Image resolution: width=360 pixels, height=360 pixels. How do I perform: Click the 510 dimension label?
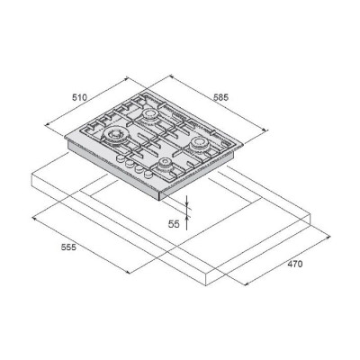(79, 97)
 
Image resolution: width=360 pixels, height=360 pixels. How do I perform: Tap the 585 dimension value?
(221, 97)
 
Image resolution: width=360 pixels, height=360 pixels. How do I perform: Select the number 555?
(68, 247)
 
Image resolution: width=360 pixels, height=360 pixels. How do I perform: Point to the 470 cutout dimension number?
(295, 264)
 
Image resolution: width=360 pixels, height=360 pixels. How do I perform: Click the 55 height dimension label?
(174, 224)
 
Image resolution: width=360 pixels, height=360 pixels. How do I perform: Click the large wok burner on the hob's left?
(115, 135)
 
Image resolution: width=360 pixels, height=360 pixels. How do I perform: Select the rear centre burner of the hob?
(149, 114)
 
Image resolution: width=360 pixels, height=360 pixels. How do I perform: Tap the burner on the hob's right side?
(198, 143)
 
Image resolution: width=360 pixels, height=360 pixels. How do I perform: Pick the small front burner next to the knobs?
(165, 164)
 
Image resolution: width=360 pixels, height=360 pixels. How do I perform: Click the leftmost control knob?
(120, 158)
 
